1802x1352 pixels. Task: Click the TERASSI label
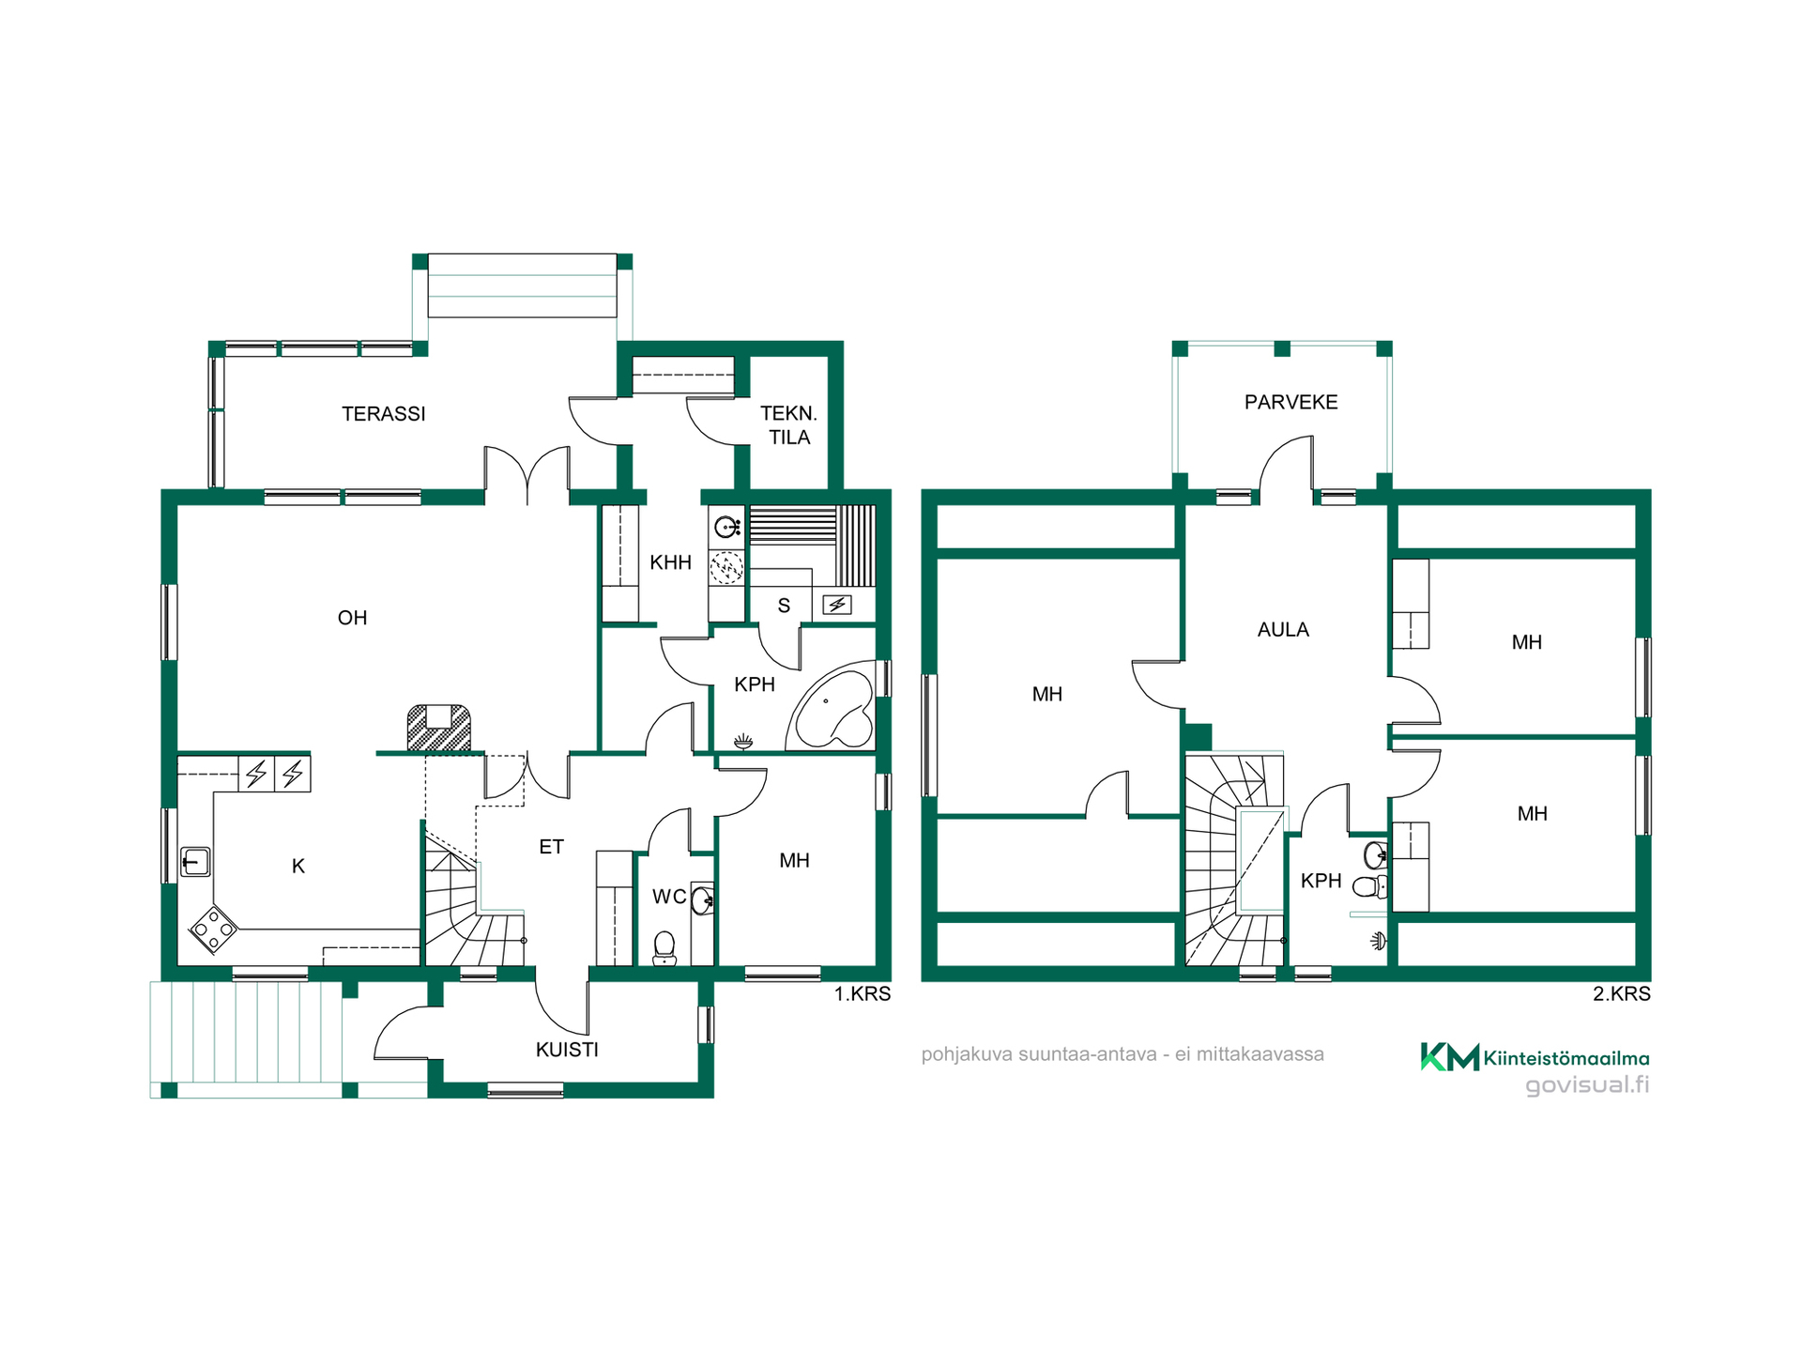pyautogui.click(x=383, y=414)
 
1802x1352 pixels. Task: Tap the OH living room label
pyautogui.click(x=352, y=618)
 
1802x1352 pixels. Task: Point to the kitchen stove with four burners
pyautogui.click(x=213, y=929)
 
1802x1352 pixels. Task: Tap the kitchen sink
pyautogui.click(x=195, y=861)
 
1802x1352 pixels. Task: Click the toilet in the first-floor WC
pyautogui.click(x=664, y=947)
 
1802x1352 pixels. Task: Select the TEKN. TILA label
pyautogui.click(x=788, y=425)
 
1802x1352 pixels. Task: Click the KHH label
pyautogui.click(x=670, y=562)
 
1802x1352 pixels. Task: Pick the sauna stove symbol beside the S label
pyautogui.click(x=837, y=605)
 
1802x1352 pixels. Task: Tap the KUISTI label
pyautogui.click(x=567, y=1050)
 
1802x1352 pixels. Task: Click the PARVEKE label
pyautogui.click(x=1290, y=402)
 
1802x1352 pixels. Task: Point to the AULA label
pyautogui.click(x=1283, y=630)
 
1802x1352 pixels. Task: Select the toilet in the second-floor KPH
pyautogui.click(x=1371, y=886)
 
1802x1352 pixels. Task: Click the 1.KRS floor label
pyautogui.click(x=863, y=993)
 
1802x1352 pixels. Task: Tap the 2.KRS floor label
pyautogui.click(x=1622, y=993)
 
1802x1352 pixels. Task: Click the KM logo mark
pyautogui.click(x=1450, y=1057)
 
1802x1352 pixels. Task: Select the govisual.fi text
pyautogui.click(x=1587, y=1085)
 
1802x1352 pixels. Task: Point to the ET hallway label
pyautogui.click(x=551, y=847)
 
